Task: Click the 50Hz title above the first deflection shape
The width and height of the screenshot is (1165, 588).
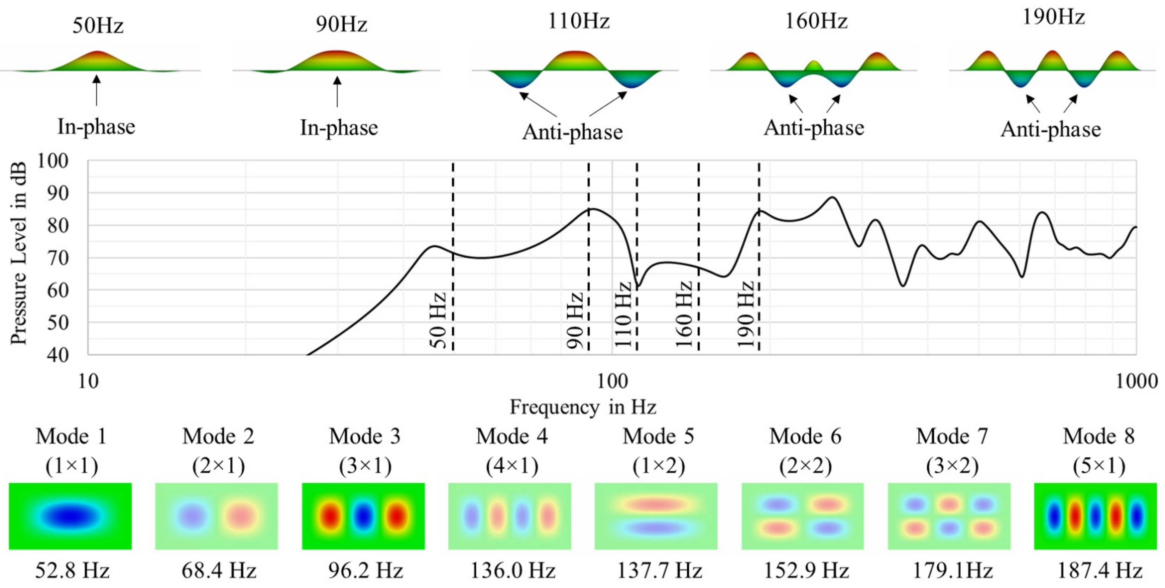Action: click(x=98, y=25)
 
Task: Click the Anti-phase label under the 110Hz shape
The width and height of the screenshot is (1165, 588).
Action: click(x=572, y=132)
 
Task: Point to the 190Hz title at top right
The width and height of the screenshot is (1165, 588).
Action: click(x=1053, y=17)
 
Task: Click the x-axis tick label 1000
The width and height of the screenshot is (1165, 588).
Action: click(x=1136, y=381)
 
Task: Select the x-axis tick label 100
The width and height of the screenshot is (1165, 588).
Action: click(x=612, y=381)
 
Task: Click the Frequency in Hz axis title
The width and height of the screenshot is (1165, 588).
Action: click(x=582, y=407)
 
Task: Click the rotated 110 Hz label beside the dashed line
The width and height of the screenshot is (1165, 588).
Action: click(x=623, y=314)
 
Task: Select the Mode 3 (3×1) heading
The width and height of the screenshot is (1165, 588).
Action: click(x=364, y=450)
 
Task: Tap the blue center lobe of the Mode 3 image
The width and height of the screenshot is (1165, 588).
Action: click(x=363, y=516)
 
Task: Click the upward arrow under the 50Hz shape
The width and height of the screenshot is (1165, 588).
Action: click(x=96, y=90)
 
